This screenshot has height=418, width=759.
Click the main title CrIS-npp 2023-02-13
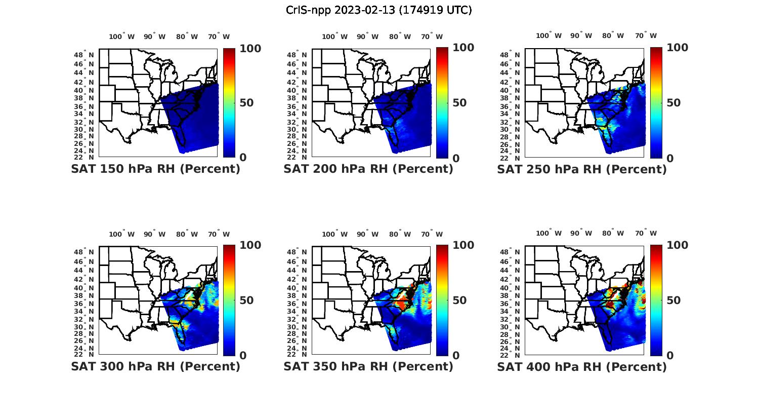pyautogui.click(x=378, y=10)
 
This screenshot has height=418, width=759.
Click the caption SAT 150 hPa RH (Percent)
pyautogui.click(x=155, y=169)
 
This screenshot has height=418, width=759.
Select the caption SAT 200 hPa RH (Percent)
pyautogui.click(x=368, y=169)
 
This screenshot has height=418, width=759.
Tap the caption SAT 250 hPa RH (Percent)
pyautogui.click(x=582, y=169)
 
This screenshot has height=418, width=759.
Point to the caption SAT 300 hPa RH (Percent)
pyautogui.click(x=155, y=366)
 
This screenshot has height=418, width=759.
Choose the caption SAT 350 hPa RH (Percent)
pyautogui.click(x=368, y=366)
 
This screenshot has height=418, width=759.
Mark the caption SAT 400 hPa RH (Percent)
pyautogui.click(x=582, y=366)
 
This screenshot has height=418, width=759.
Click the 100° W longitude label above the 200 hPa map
pyautogui.click(x=335, y=36)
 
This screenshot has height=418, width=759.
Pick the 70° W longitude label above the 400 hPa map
pyautogui.click(x=646, y=234)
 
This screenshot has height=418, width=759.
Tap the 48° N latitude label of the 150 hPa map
pyautogui.click(x=84, y=55)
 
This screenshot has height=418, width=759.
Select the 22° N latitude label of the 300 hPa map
pyautogui.click(x=84, y=354)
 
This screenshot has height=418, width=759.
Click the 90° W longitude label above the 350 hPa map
pyautogui.click(x=367, y=234)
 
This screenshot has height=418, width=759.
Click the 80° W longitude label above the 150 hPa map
pyautogui.click(x=187, y=36)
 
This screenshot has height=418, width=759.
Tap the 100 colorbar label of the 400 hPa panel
pyautogui.click(x=677, y=245)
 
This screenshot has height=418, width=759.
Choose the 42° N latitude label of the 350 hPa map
pyautogui.click(x=297, y=279)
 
